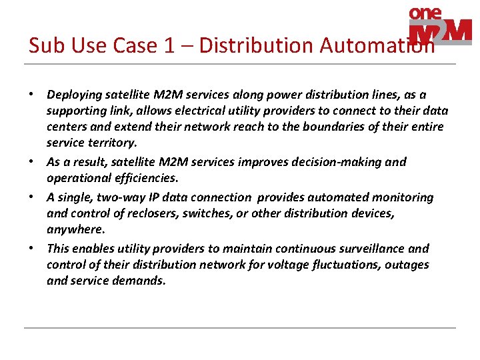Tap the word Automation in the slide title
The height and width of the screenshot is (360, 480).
click(377, 45)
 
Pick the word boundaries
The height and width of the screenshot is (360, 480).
click(297, 127)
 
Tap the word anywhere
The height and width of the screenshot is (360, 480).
click(75, 229)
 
